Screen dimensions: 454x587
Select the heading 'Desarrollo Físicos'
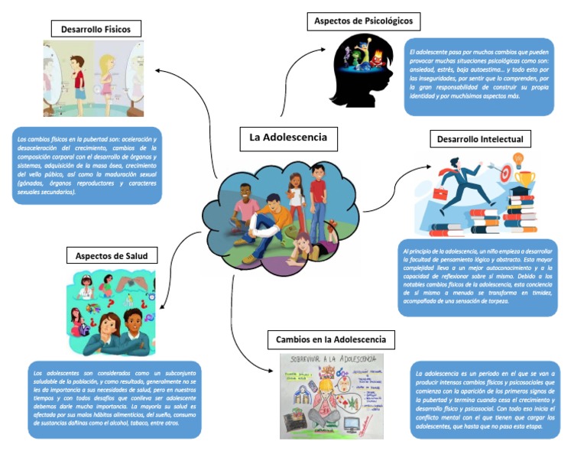tap(96, 29)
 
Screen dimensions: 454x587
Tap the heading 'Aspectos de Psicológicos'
tap(363, 21)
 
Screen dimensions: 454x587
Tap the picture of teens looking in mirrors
tap(92, 78)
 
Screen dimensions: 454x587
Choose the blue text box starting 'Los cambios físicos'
tap(87, 165)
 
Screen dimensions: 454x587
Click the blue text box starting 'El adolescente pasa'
tap(478, 77)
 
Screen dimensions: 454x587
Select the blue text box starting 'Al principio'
tap(478, 277)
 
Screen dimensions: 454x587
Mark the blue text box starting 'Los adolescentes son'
tap(114, 399)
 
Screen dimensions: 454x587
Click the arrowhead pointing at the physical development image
tap(157, 70)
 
